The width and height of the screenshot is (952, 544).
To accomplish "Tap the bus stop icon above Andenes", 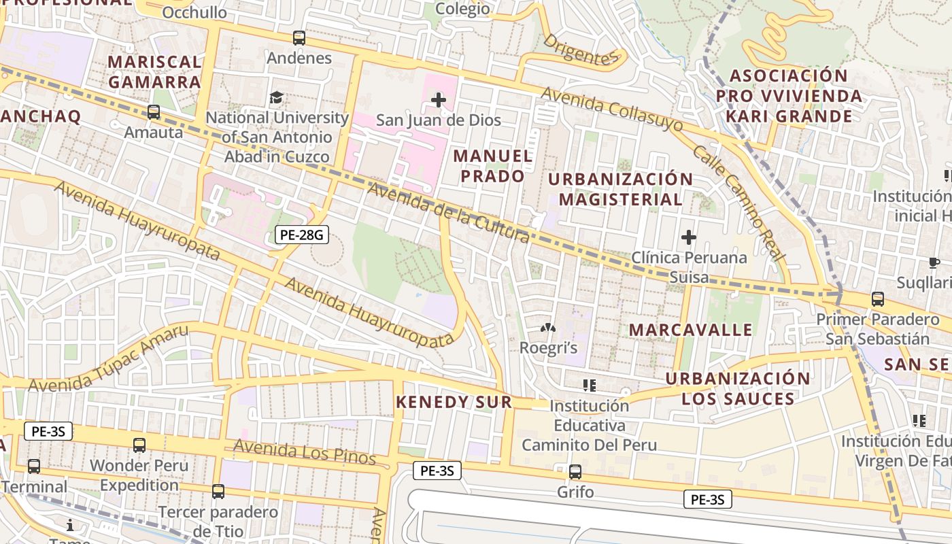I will coord(299,38).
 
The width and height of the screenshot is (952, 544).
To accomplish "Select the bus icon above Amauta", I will coord(154,112).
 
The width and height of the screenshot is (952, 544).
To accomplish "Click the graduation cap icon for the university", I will coord(276,98).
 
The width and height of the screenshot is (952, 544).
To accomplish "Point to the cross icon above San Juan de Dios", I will coord(439,101).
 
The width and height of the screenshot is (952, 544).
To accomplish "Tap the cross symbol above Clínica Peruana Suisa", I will coord(689,237).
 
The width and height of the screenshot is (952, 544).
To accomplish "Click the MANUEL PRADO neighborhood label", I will coord(493,166).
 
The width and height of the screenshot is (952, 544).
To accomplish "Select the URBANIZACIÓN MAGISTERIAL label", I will coord(620,189).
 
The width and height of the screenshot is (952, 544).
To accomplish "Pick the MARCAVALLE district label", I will coord(690,330).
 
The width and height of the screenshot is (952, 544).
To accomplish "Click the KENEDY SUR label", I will coord(454,402).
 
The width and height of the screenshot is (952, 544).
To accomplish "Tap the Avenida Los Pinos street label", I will coord(304,452).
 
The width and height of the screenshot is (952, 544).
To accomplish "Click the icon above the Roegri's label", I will coord(547,328).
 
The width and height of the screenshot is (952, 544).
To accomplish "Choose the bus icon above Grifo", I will coord(575,471).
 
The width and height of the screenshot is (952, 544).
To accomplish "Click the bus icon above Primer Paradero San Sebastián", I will coord(878,299).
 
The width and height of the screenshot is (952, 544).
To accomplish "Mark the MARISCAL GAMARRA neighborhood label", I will coord(154,72).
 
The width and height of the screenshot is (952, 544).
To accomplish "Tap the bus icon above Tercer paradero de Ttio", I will coord(218,491).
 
